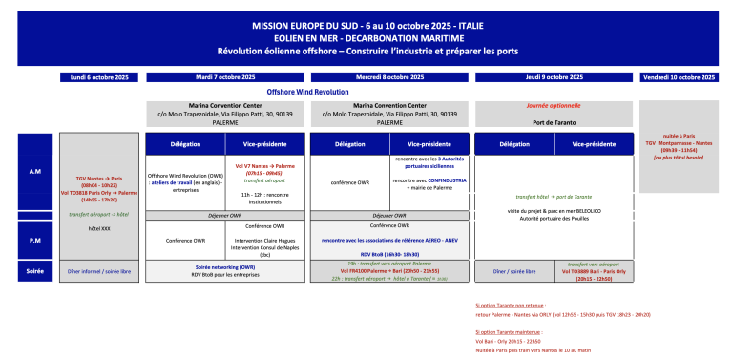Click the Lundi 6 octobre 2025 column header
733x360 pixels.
tap(100, 76)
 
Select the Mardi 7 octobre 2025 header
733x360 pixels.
tap(226, 76)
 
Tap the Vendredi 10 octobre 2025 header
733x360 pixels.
tap(683, 76)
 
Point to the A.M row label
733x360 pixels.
tap(34, 171)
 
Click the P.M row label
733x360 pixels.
tap(34, 240)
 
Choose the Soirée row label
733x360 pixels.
tap(34, 271)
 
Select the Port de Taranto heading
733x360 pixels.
tap(554, 122)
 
